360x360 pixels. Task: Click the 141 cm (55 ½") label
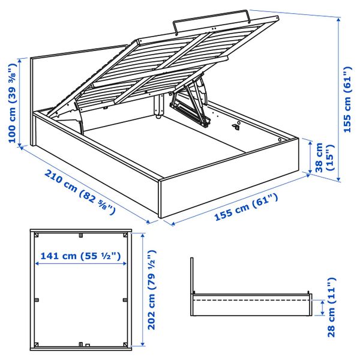80,256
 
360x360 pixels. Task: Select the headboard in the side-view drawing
191,276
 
